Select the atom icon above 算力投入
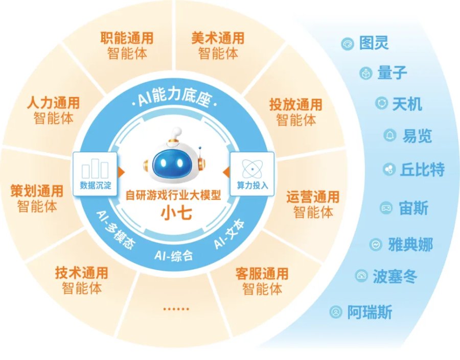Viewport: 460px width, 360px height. [x=252, y=169]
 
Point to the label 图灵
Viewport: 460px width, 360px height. [x=374, y=43]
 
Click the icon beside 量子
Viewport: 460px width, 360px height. [x=366, y=73]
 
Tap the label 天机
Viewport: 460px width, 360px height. [x=407, y=104]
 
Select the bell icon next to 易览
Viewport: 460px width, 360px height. [x=390, y=135]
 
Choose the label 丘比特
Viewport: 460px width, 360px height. [x=423, y=170]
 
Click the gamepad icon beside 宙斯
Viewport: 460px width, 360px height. [x=386, y=208]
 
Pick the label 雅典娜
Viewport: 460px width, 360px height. [x=410, y=245]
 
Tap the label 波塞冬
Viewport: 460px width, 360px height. [x=395, y=276]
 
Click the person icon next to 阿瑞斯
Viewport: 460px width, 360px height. [x=336, y=311]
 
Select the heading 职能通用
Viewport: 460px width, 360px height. [x=127, y=38]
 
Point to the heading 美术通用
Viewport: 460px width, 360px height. [x=218, y=38]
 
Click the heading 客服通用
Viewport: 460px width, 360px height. [x=262, y=274]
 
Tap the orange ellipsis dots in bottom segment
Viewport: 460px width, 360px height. [x=176, y=309]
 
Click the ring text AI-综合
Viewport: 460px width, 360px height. [x=174, y=255]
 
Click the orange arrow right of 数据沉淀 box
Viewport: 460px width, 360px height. [x=121, y=172]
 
